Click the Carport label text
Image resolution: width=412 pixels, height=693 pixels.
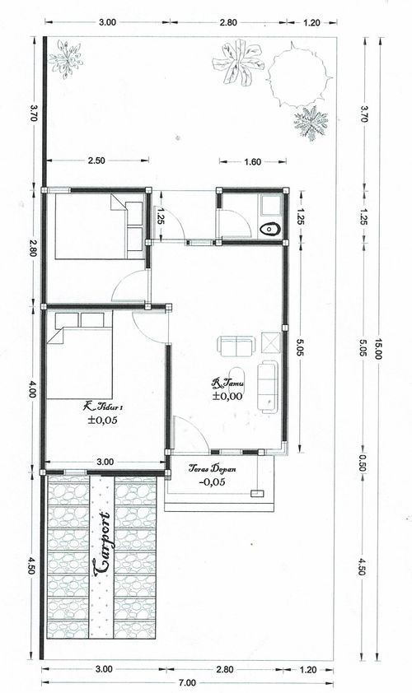point(103,569)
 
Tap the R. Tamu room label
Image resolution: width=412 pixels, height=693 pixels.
point(227,383)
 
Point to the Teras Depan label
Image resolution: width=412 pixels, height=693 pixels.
point(213,469)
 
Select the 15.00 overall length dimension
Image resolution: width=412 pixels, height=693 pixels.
point(380,349)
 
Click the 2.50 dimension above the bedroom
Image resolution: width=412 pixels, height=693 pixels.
point(96,161)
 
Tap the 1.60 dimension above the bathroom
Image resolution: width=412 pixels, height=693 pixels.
point(252,162)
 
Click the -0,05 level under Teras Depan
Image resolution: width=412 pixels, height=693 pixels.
point(212,484)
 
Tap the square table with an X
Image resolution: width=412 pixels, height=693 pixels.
point(270,341)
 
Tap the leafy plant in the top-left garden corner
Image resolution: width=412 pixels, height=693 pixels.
point(67,61)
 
